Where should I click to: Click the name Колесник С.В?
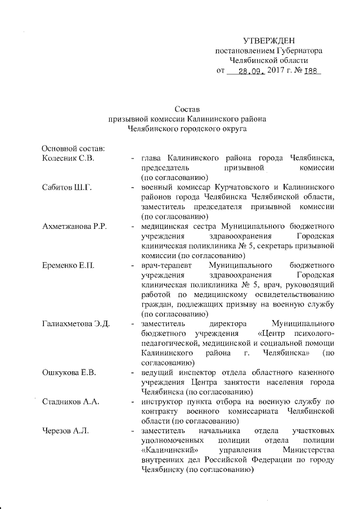(67, 158)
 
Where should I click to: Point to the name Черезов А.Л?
(66, 431)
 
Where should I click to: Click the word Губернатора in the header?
(307, 51)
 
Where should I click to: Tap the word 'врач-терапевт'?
(166, 265)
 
